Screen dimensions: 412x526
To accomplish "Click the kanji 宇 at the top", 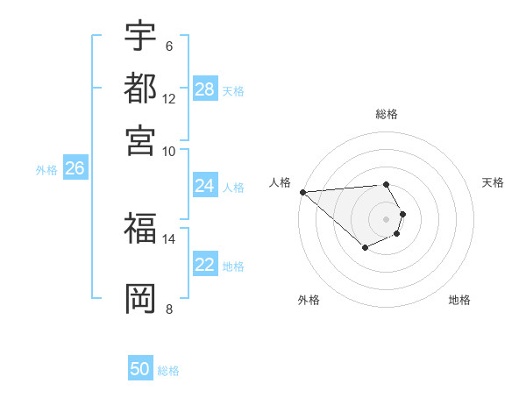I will click(140, 36).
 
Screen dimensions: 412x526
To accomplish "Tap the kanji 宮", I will click(140, 139).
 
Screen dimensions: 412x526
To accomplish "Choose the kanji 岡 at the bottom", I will click(140, 298).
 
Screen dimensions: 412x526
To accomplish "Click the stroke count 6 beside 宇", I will click(168, 46).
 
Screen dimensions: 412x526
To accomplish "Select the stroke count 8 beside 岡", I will click(168, 309).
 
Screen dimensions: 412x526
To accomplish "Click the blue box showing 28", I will click(205, 89).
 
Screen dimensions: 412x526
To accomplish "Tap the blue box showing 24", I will click(205, 186).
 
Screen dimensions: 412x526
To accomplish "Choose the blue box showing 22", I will click(205, 266).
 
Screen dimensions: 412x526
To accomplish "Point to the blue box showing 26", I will click(75, 169).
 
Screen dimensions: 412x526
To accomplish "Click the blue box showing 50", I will click(140, 370).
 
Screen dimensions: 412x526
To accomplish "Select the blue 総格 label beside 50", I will click(168, 371).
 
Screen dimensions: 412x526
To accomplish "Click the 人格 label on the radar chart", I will click(280, 182).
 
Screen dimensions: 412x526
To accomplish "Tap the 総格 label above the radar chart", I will click(386, 114).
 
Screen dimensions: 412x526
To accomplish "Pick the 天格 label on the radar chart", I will click(493, 182).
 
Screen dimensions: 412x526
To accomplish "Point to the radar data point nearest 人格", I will click(302, 192).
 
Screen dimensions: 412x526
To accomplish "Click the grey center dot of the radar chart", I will click(386, 218).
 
